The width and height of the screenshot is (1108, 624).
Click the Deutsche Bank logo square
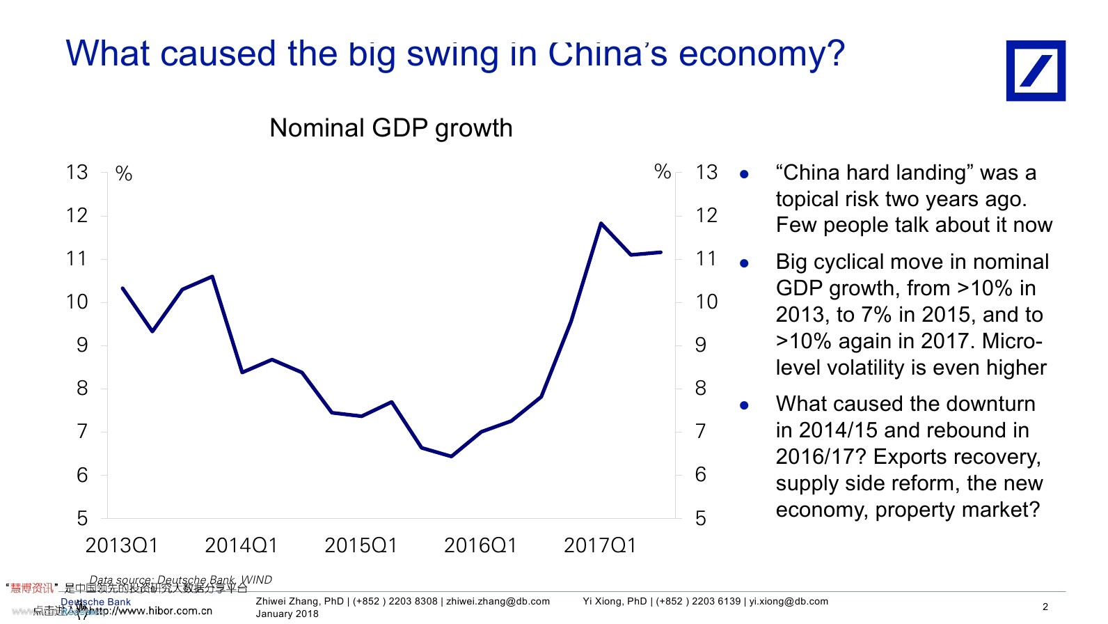click(1035, 70)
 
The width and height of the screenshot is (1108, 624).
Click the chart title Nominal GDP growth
click(390, 128)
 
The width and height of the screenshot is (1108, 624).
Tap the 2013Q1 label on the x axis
click(122, 545)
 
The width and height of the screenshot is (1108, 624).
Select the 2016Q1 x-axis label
click(480, 545)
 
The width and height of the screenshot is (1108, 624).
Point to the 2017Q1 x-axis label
click(600, 545)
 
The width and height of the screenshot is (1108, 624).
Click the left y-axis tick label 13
click(77, 172)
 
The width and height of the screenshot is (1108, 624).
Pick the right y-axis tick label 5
click(701, 518)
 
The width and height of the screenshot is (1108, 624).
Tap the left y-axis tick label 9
click(82, 345)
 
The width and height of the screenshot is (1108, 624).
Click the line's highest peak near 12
click(601, 224)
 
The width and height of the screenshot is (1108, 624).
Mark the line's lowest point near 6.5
click(452, 456)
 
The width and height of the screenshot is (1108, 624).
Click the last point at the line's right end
click(660, 252)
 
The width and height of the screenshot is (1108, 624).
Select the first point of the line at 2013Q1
click(122, 288)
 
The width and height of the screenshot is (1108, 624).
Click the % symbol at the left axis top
click(124, 173)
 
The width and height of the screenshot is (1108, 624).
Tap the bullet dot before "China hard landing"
click(744, 174)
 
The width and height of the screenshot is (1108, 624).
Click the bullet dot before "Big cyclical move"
click(744, 263)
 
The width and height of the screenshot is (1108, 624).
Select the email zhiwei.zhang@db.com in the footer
click(498, 601)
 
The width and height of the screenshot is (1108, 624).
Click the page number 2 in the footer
click(1045, 607)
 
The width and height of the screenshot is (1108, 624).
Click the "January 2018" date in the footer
click(287, 614)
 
